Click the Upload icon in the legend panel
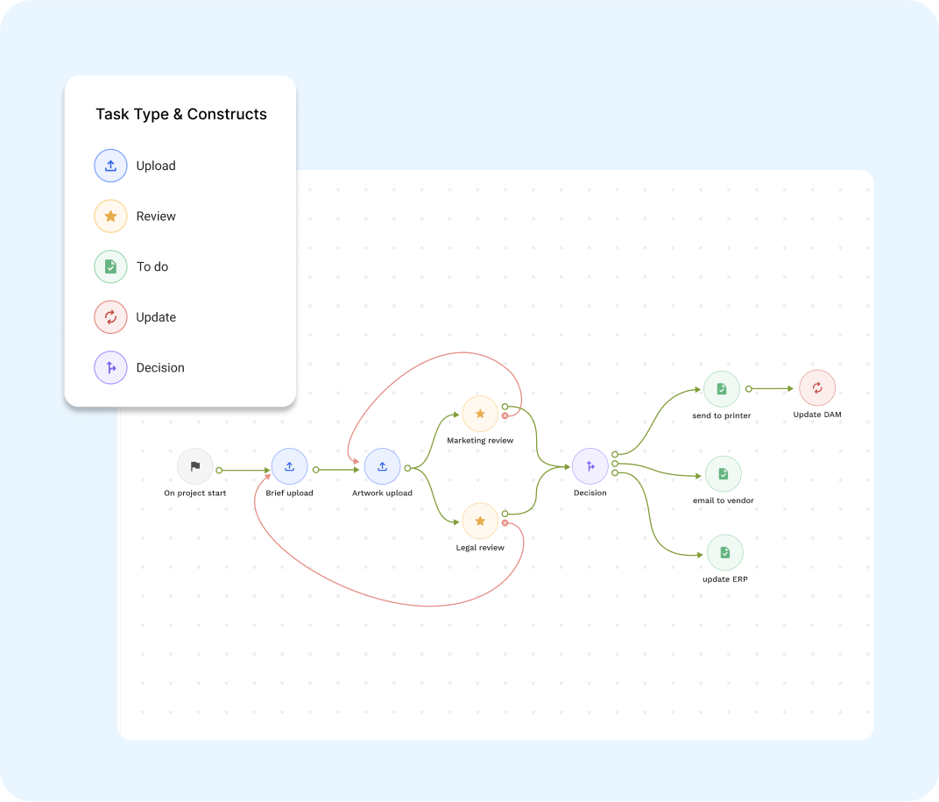click(x=110, y=166)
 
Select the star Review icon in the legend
click(x=110, y=216)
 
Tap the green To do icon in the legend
click(x=110, y=266)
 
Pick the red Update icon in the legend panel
click(x=110, y=317)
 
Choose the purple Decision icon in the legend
click(x=110, y=368)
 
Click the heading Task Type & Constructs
click(x=181, y=114)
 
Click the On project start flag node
click(x=194, y=466)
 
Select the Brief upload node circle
click(x=289, y=466)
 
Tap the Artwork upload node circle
click(x=382, y=466)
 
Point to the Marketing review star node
click(x=480, y=413)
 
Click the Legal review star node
click(x=480, y=521)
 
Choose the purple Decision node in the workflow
click(x=590, y=466)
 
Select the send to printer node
click(x=721, y=388)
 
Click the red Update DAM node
click(x=817, y=387)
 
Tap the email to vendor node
click(x=723, y=473)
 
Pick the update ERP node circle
click(x=724, y=552)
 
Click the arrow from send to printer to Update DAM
click(x=773, y=388)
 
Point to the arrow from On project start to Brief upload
click(x=245, y=471)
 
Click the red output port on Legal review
click(x=505, y=523)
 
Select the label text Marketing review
click(x=480, y=440)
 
